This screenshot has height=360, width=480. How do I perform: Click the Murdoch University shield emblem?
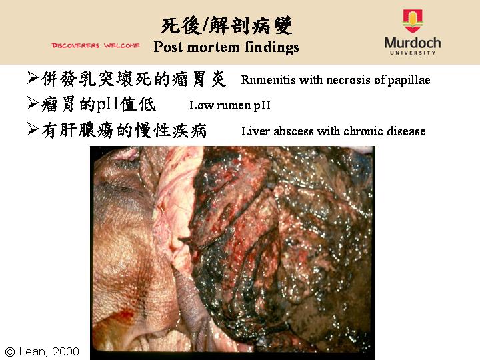[413, 21]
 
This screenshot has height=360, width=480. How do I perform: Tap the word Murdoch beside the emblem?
[413, 43]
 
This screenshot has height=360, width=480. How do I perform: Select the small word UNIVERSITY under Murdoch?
[413, 53]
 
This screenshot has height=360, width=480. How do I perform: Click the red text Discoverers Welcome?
[95, 45]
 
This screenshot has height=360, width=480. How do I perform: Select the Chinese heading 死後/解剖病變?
[227, 25]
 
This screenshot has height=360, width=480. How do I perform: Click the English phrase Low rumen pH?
[230, 105]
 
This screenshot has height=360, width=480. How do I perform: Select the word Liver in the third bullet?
[256, 131]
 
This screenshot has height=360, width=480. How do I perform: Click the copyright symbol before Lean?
[10, 352]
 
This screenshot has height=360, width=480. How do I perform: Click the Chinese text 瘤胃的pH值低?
[99, 105]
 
